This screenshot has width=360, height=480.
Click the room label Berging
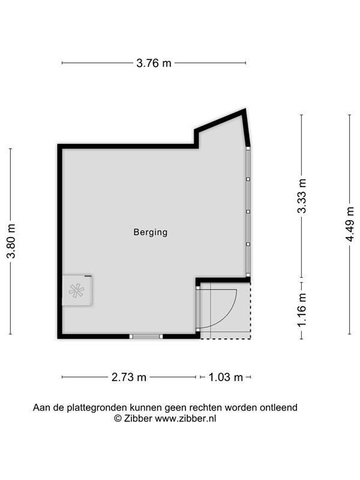(x=151, y=232)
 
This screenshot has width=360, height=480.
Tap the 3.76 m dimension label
(x=154, y=64)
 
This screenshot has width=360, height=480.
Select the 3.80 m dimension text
(x=11, y=241)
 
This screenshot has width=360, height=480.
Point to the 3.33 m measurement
(x=302, y=196)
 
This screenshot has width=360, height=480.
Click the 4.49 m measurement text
(x=350, y=224)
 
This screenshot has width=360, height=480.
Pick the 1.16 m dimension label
(x=302, y=310)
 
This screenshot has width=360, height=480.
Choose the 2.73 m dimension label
(x=129, y=377)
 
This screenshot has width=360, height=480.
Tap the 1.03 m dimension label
(x=226, y=377)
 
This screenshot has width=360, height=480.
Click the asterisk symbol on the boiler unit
(x=76, y=290)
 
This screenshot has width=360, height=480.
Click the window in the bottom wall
(x=146, y=337)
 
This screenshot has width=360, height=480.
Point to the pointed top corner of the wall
(x=245, y=110)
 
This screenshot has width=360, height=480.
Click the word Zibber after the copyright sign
(x=138, y=418)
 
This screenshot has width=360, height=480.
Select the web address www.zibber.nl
(x=185, y=418)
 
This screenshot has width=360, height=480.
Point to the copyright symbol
(x=118, y=418)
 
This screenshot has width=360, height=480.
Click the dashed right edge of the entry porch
(x=250, y=310)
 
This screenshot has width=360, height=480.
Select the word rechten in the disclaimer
(x=206, y=408)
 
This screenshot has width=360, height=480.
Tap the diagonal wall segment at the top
(x=220, y=121)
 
